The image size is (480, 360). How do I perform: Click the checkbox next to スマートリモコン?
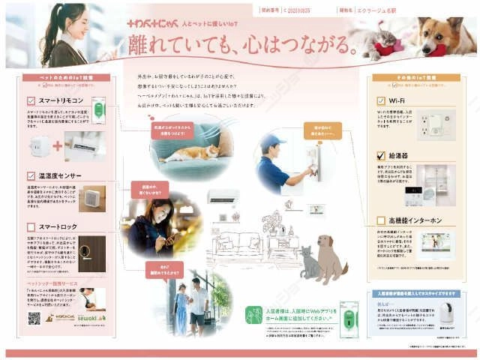pyautogui.click(x=31, y=99)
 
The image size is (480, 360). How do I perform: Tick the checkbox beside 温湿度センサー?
pyautogui.click(x=31, y=176)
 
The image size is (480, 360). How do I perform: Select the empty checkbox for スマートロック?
pyautogui.click(x=31, y=226)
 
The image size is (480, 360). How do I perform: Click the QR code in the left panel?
pyautogui.click(x=34, y=318)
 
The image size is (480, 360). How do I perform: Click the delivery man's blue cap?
pyautogui.click(x=271, y=142)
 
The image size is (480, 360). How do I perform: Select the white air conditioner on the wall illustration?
pyautogui.click(x=223, y=196)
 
